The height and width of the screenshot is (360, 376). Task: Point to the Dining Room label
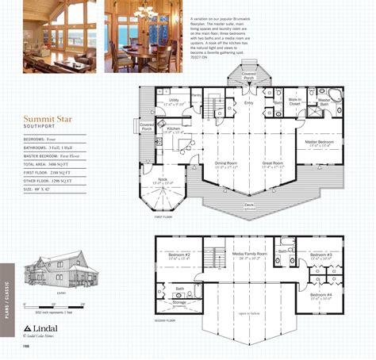coord(226,163)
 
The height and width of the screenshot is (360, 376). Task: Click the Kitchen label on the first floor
coord(175,127)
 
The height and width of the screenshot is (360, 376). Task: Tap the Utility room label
coord(174,100)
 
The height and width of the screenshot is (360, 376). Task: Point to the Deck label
coord(250,205)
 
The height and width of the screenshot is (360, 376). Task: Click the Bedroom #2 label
coord(179,255)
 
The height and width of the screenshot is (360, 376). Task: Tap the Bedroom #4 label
coord(321,294)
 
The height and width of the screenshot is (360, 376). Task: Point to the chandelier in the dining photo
coord(146,11)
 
